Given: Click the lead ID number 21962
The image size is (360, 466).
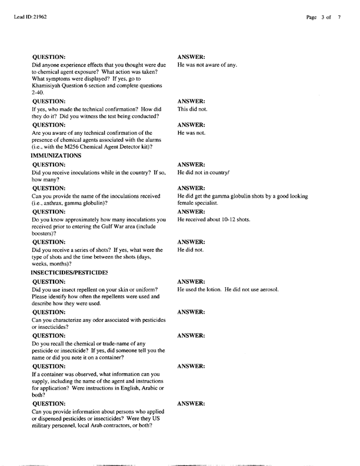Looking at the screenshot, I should tap(39, 17).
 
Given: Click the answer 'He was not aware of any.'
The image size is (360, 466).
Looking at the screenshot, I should tap(207, 65).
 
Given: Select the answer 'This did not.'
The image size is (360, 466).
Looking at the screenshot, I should tap(192, 109).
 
